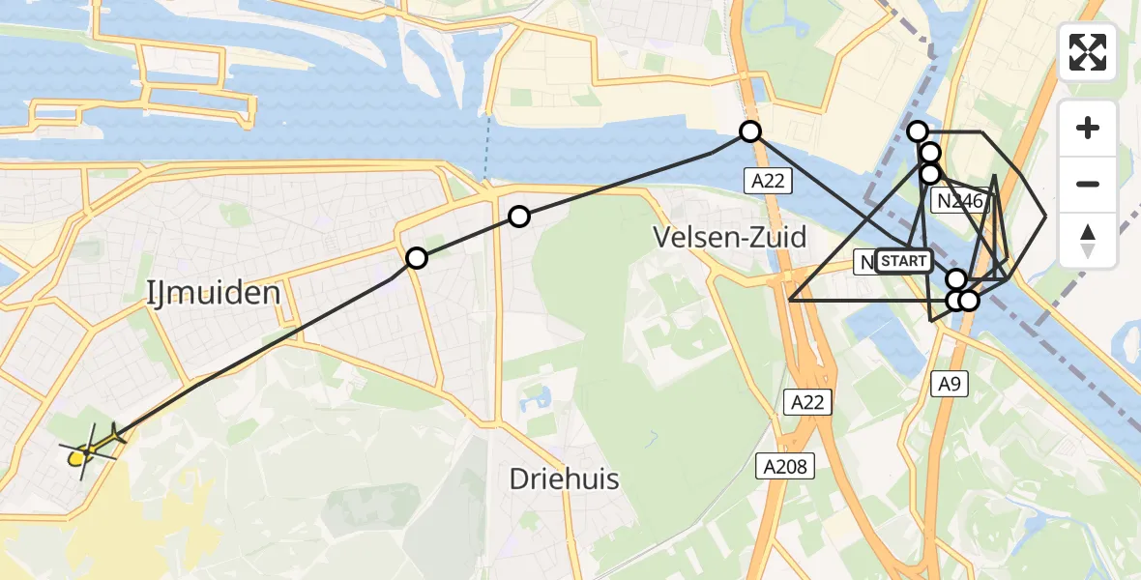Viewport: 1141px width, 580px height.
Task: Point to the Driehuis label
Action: pyautogui.click(x=565, y=478)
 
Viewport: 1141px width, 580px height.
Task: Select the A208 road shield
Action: pyautogui.click(x=785, y=467)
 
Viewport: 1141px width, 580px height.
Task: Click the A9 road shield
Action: pyautogui.click(x=950, y=385)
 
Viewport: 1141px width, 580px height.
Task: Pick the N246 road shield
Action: pyautogui.click(x=957, y=201)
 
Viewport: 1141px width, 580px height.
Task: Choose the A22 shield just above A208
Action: pyautogui.click(x=806, y=402)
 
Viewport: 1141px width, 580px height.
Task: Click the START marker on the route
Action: pyautogui.click(x=903, y=261)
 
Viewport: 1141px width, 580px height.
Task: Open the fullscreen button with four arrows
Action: pyautogui.click(x=1088, y=52)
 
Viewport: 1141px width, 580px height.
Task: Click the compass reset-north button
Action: pyautogui.click(x=1088, y=241)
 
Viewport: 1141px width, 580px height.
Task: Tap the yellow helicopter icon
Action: pyautogui.click(x=89, y=449)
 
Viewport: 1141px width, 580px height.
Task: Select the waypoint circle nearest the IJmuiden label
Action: pyautogui.click(x=417, y=258)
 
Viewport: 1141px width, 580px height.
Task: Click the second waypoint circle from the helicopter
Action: pyautogui.click(x=519, y=217)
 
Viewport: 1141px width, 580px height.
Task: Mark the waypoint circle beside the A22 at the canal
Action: pyautogui.click(x=750, y=131)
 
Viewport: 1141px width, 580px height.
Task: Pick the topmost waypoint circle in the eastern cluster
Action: pyautogui.click(x=918, y=131)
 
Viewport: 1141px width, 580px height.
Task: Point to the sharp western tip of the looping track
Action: pyautogui.click(x=790, y=301)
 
